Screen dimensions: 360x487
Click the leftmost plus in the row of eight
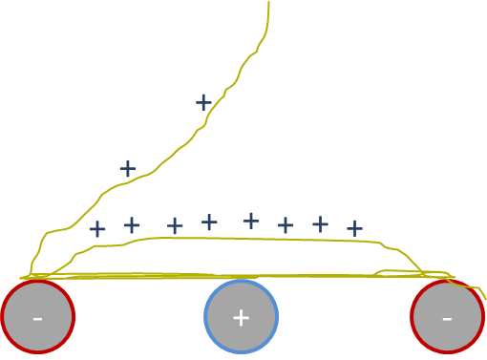click(97, 229)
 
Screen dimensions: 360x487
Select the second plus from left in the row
click(132, 225)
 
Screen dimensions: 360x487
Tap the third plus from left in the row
click(175, 225)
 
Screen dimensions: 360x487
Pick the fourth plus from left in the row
click(209, 222)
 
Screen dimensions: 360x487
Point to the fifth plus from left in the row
click(251, 221)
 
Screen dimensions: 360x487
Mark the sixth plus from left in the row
click(286, 225)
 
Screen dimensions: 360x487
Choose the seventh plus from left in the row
click(320, 224)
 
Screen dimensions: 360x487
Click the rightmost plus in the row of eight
click(354, 228)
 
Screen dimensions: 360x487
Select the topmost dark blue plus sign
click(203, 102)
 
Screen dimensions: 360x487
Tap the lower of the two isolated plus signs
click(128, 169)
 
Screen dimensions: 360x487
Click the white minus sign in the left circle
click(37, 317)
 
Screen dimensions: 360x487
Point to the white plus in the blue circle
click(242, 317)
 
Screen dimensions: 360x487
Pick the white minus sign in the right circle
click(447, 317)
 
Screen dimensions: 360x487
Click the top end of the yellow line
click(268, 3)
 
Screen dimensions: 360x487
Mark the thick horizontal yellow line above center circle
click(239, 276)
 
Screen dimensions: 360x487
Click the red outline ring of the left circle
click(4, 317)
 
